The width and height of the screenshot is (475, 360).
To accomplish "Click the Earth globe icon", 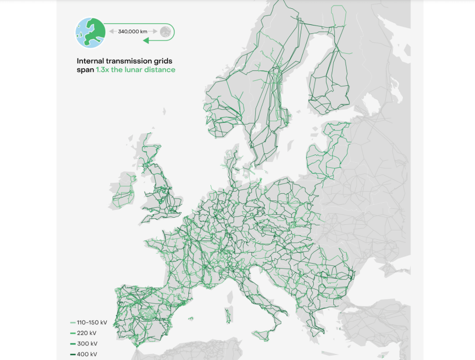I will (x=90, y=32).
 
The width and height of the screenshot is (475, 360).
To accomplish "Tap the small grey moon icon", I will (x=165, y=32).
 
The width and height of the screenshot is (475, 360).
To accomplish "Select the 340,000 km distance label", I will (x=133, y=32).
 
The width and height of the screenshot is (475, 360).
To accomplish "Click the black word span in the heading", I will (x=85, y=70).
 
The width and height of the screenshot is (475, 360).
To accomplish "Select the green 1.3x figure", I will (x=103, y=70).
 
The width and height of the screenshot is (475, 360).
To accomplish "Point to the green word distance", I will (x=162, y=70).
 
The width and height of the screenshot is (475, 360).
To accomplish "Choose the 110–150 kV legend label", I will (x=92, y=322).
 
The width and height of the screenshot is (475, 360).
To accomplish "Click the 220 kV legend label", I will (x=87, y=333).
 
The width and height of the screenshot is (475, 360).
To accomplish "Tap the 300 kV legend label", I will (x=87, y=343).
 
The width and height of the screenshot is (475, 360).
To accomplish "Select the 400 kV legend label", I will (x=87, y=354).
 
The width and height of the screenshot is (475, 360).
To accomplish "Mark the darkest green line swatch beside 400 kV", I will (x=73, y=354).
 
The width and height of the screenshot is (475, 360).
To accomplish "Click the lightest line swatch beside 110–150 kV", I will (x=73, y=322).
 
